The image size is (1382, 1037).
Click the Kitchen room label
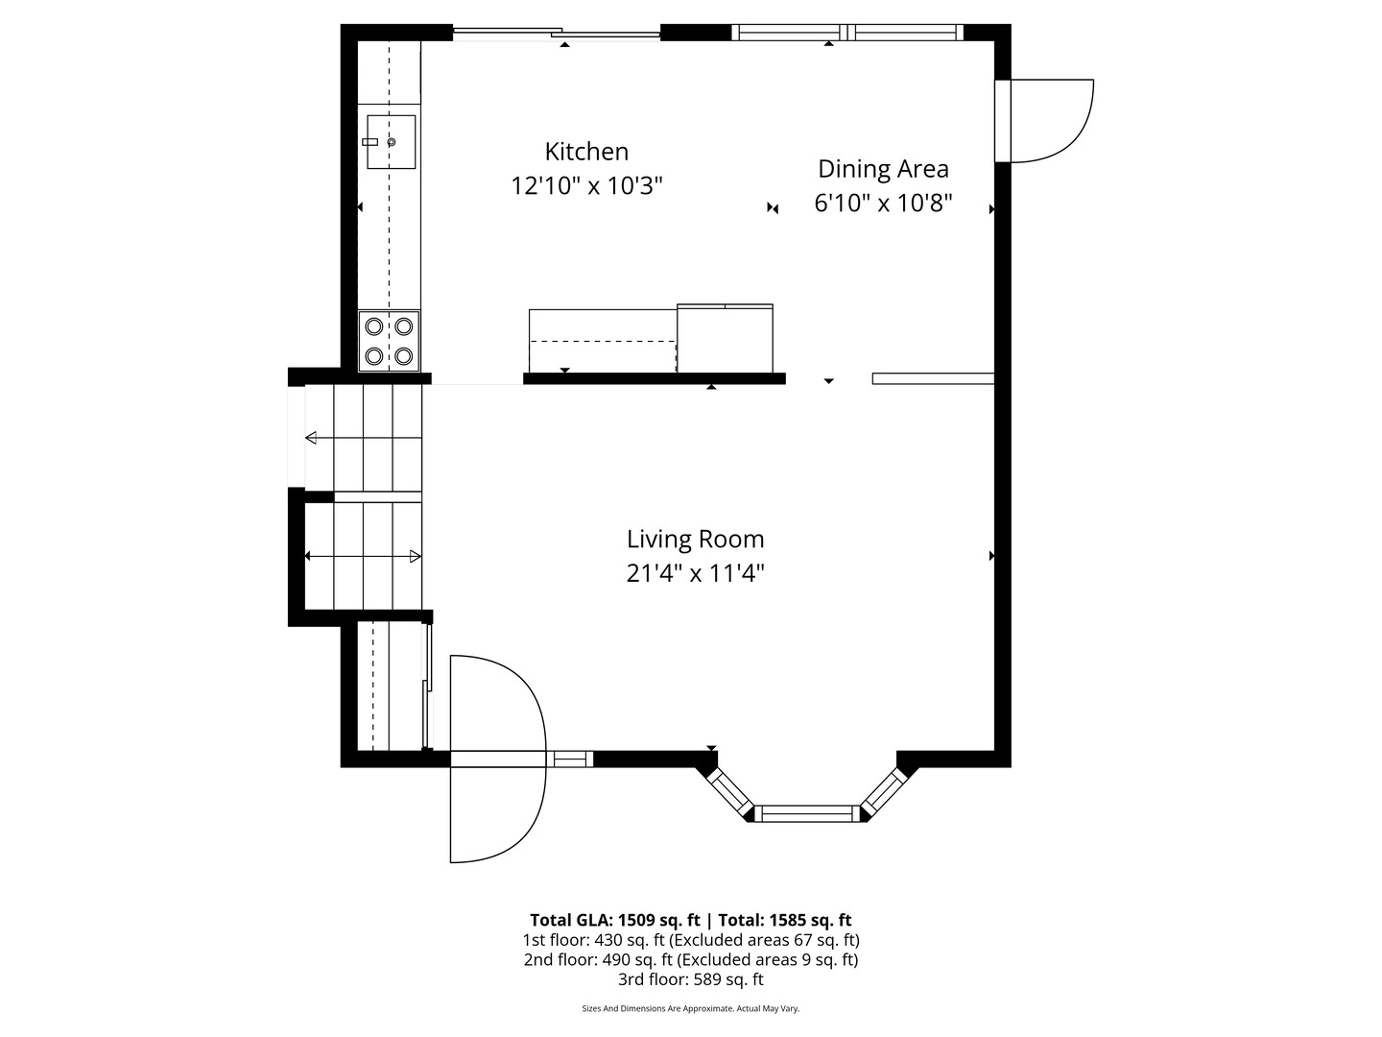586,152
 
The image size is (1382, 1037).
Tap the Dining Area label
883,169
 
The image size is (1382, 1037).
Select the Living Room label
695,540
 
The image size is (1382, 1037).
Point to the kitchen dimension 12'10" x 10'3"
586,186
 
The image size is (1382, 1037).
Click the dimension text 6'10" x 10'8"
883,204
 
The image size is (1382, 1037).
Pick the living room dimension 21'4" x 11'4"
695,574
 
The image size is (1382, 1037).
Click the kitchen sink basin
392,142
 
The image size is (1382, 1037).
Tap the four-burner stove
390,341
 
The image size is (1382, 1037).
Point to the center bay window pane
806,814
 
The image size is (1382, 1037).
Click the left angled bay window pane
730,793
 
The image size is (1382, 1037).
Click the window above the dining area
847,33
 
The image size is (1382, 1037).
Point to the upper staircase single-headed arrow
363,439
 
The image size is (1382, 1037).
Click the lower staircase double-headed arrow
363,557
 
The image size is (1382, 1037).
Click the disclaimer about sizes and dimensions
691,1008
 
